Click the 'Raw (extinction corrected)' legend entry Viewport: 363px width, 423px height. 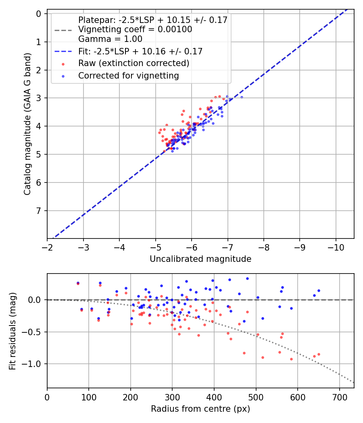click(134, 63)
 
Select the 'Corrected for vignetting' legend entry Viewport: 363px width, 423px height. click(128, 75)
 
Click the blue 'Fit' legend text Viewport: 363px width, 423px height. click(140, 51)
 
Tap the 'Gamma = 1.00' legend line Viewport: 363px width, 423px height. click(110, 39)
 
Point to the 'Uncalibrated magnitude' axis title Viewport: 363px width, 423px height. click(200, 259)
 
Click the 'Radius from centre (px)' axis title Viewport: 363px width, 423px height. click(200, 409)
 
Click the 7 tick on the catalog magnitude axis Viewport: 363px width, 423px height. click(39, 211)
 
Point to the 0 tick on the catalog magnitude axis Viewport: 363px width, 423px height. click(39, 14)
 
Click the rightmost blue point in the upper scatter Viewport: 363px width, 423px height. click(242, 97)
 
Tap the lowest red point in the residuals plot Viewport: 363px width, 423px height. click(291, 359)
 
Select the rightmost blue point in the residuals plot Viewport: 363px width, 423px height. click(319, 290)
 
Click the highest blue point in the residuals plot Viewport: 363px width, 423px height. click(247, 278)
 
